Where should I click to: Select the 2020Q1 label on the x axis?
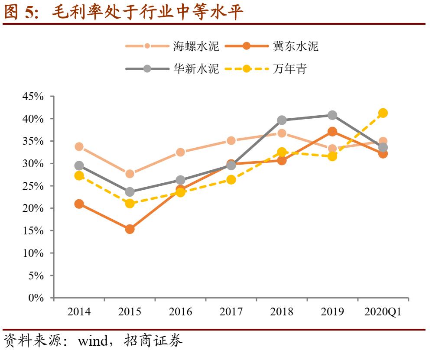[x=383, y=312]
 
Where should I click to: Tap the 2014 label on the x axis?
[x=79, y=312]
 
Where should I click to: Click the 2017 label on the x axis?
[x=231, y=312]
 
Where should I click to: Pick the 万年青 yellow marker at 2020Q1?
[x=383, y=113]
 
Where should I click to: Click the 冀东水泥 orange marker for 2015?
[x=130, y=229]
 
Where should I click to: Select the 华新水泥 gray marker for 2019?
[x=332, y=115]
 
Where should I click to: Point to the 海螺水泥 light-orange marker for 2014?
[x=79, y=146]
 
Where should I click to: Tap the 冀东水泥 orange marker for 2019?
[x=332, y=131]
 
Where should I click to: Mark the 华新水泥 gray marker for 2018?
[x=282, y=120]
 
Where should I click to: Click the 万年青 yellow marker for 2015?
[x=130, y=203]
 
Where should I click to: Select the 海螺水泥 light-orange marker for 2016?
[x=180, y=152]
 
